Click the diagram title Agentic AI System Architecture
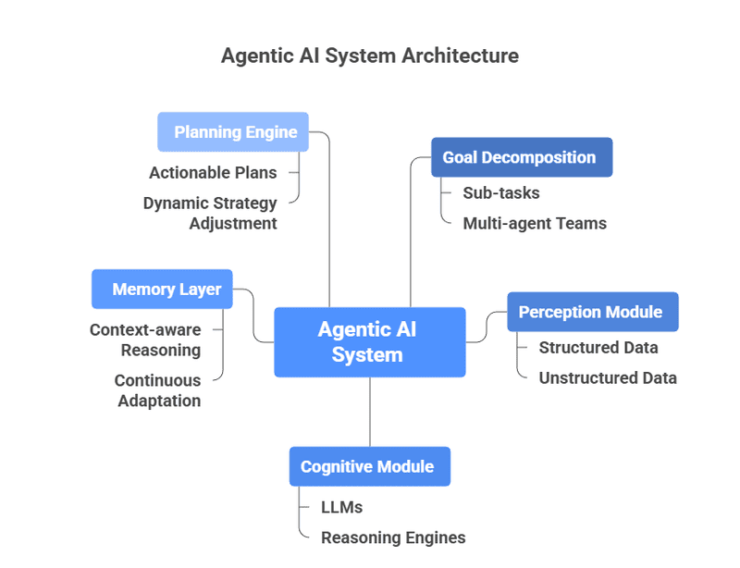click(369, 56)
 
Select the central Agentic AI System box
click(369, 342)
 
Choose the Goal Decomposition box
click(521, 157)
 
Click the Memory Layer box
click(163, 290)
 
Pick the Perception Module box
click(592, 312)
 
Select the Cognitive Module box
click(369, 466)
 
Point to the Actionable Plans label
click(213, 173)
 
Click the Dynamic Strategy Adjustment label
click(211, 213)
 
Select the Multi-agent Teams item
click(535, 223)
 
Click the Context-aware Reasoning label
click(146, 340)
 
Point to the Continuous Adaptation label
click(158, 390)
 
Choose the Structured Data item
click(598, 348)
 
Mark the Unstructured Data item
click(608, 377)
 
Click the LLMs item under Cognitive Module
click(341, 507)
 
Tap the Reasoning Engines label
click(393, 537)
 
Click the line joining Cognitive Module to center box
click(370, 412)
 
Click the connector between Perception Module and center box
click(486, 326)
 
